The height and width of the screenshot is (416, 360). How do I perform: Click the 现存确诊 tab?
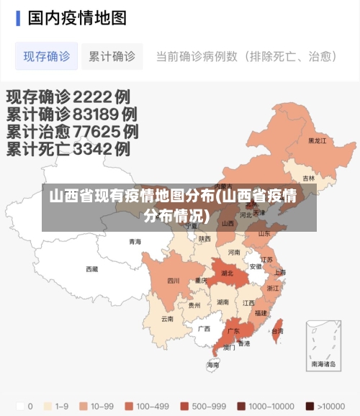[x=46, y=56]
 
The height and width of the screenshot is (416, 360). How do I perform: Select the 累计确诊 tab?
[x=112, y=56]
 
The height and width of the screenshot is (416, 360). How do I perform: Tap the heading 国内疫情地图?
[x=77, y=17]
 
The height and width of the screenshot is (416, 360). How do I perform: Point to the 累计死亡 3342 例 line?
[x=68, y=150]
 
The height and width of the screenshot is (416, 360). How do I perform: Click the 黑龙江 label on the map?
[x=317, y=141]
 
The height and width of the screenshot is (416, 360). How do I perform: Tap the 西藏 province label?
[x=92, y=269]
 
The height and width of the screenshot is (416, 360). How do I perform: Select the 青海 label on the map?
[x=135, y=242]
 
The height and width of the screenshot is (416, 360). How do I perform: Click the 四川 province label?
[x=174, y=281]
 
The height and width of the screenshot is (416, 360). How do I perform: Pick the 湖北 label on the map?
[x=227, y=273]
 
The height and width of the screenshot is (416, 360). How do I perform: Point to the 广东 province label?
[x=233, y=332]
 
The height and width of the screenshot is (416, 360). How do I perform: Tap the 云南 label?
[x=167, y=318]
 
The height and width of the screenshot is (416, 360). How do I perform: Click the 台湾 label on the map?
[x=277, y=331]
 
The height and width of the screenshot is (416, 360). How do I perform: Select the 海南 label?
[x=213, y=365]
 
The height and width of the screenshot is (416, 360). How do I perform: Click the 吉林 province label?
[x=309, y=178]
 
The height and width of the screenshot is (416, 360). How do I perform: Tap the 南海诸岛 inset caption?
[x=323, y=364]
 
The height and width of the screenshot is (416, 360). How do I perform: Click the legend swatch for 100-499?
[x=130, y=405]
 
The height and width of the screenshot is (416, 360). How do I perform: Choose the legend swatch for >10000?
[x=310, y=405]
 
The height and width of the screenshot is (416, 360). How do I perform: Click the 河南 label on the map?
[x=235, y=253]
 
